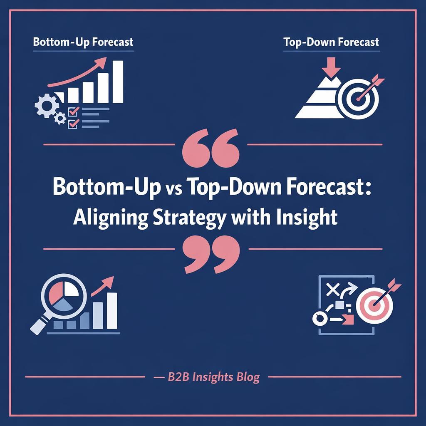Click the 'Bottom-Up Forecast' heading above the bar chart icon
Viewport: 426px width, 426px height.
pos(83,42)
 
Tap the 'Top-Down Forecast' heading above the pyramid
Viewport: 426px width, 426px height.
pos(331,42)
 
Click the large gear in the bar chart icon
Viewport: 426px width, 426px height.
pos(45,105)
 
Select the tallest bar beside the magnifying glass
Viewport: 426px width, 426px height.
pos(111,310)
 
